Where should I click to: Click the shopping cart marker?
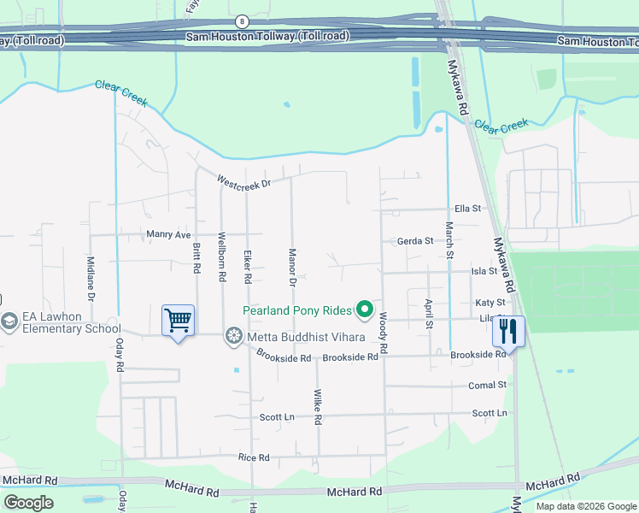click(178, 321)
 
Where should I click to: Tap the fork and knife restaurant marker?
click(509, 331)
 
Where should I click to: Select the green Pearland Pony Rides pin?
click(366, 310)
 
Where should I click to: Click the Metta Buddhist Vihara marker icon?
click(233, 336)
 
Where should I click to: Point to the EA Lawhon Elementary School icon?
click(9, 321)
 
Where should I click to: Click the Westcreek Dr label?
click(243, 182)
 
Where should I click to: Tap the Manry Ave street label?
click(168, 234)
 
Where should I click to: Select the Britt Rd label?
click(196, 256)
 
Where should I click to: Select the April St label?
click(429, 313)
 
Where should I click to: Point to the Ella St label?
click(468, 208)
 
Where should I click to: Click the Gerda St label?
click(415, 241)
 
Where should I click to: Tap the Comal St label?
click(487, 386)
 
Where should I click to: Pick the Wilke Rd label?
click(317, 406)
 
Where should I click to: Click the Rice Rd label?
click(255, 457)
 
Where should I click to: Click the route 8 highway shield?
click(243, 21)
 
